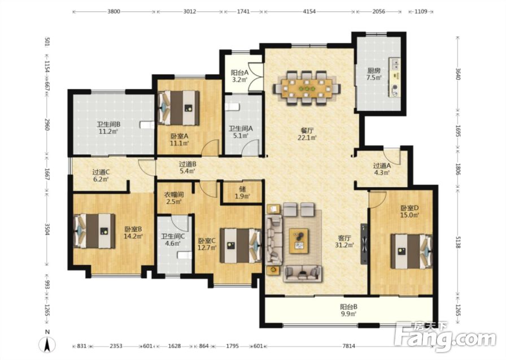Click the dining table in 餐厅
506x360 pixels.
click(307, 88)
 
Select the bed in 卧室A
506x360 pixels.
click(178, 108)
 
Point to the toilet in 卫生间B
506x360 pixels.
click(147, 125)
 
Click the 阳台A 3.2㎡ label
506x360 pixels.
click(239, 76)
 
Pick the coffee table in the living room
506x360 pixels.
click(299, 241)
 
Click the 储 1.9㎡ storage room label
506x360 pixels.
click(243, 193)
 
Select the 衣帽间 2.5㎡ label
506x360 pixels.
click(175, 198)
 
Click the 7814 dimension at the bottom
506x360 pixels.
click(348, 346)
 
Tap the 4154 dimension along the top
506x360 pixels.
click(309, 12)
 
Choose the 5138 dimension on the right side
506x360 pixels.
click(457, 241)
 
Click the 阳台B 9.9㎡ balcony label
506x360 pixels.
click(348, 310)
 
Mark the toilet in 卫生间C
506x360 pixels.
click(185, 255)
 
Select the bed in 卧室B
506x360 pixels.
click(94, 231)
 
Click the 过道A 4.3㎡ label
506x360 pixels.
click(382, 169)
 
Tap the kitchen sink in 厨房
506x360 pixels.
click(395, 64)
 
